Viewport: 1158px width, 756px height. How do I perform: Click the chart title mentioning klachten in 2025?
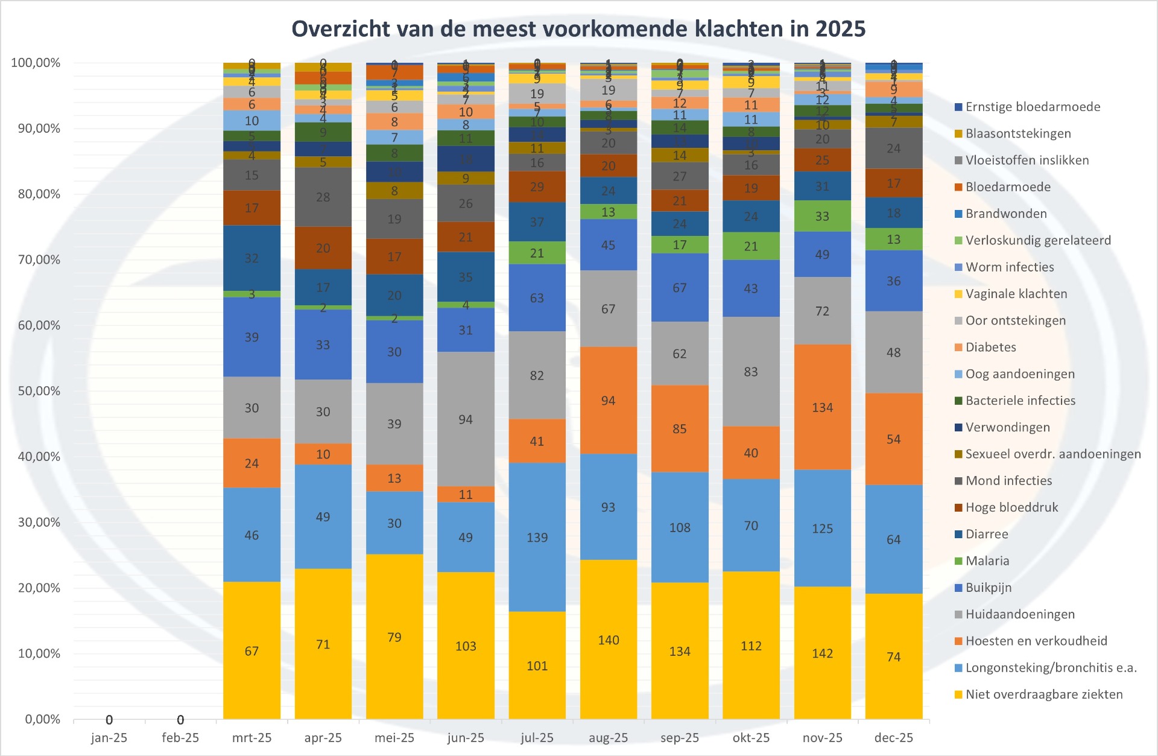pos(578,29)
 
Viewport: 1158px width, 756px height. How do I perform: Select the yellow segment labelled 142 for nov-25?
pos(822,653)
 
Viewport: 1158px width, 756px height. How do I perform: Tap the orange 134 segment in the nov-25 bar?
pos(822,407)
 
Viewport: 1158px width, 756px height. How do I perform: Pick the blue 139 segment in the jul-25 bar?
pos(537,537)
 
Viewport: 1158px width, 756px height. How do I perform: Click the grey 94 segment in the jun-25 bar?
pos(465,419)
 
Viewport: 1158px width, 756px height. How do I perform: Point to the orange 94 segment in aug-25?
pos(608,401)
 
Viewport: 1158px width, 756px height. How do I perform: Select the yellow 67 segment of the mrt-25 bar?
pos(252,650)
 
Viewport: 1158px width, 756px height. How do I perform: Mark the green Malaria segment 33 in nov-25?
pos(822,216)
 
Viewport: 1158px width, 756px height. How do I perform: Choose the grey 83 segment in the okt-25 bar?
pos(750,372)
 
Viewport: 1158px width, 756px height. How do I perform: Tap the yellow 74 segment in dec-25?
pos(893,656)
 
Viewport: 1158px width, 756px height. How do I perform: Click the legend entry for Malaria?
pos(987,561)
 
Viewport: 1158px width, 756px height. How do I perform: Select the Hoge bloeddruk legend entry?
pos(1011,507)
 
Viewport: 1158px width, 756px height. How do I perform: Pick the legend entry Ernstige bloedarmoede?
pos(1032,107)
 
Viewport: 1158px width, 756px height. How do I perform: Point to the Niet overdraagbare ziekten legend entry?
pos(1043,694)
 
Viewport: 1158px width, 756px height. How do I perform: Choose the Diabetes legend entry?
pos(990,347)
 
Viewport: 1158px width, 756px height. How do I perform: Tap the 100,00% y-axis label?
pos(36,63)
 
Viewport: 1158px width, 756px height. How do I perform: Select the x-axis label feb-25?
pos(180,738)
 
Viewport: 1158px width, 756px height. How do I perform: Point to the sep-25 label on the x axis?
pos(679,738)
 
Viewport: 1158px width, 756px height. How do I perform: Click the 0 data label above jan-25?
pos(109,720)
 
